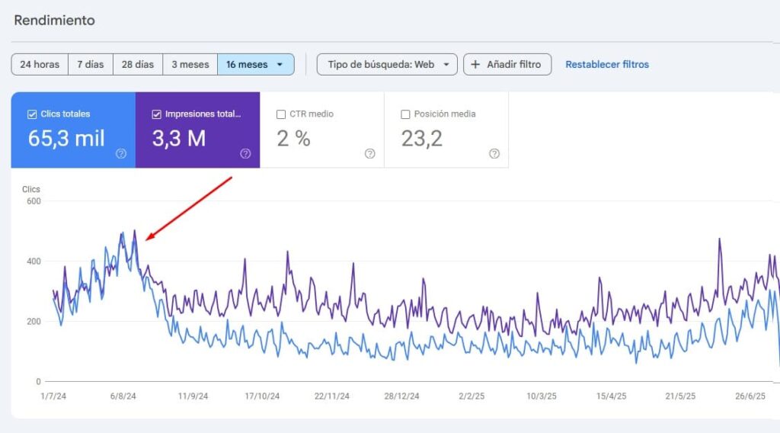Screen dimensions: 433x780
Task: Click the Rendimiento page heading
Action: (x=54, y=21)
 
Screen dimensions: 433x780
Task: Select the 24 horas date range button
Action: (x=40, y=65)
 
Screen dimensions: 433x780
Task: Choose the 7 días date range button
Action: (x=91, y=65)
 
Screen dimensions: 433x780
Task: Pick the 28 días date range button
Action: (x=138, y=65)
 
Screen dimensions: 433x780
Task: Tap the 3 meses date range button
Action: (x=190, y=65)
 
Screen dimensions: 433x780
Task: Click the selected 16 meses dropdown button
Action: (x=255, y=65)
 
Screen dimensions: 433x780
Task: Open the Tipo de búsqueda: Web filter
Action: (x=387, y=65)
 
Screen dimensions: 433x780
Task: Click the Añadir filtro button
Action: (x=507, y=65)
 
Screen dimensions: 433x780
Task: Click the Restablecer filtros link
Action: (x=607, y=65)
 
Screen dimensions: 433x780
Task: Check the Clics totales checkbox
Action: (x=32, y=114)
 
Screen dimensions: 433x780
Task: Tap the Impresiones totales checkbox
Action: (x=157, y=114)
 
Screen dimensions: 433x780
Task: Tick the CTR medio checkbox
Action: (x=281, y=114)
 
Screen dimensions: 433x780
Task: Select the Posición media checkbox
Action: (x=406, y=114)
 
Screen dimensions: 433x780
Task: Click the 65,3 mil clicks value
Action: (x=66, y=139)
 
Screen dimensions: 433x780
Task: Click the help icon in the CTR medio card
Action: (x=369, y=153)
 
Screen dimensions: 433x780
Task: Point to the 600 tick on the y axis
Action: (x=34, y=201)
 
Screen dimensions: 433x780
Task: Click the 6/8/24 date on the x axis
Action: (x=123, y=396)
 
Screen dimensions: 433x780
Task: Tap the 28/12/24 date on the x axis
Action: (x=401, y=396)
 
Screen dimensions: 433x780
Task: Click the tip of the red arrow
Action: (x=146, y=239)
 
